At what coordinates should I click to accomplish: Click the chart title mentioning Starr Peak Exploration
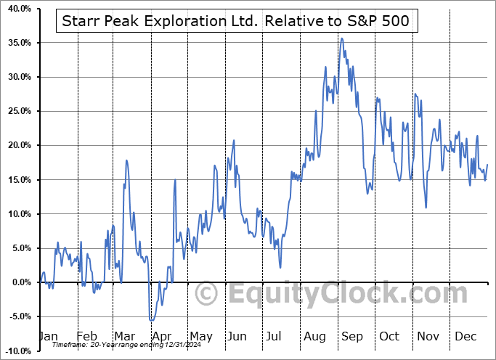tap(236, 22)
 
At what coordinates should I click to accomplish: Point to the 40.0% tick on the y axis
tap(18, 9)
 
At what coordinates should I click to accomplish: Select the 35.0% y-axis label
tap(18, 43)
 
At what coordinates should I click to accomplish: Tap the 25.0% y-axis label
tap(18, 111)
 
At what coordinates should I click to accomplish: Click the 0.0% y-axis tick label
tap(20, 282)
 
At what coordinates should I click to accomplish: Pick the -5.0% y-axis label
tap(18, 316)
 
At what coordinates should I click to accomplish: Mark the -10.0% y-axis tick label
tap(17, 351)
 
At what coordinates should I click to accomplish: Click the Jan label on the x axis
tap(47, 336)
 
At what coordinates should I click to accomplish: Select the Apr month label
tap(161, 336)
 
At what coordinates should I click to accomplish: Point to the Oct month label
tap(390, 336)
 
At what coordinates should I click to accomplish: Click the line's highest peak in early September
tap(342, 38)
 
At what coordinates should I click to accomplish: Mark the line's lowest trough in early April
tap(150, 320)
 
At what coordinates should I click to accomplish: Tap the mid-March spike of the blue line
tap(126, 160)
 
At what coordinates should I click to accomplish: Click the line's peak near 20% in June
tap(234, 140)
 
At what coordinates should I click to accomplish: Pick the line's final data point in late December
tap(487, 165)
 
